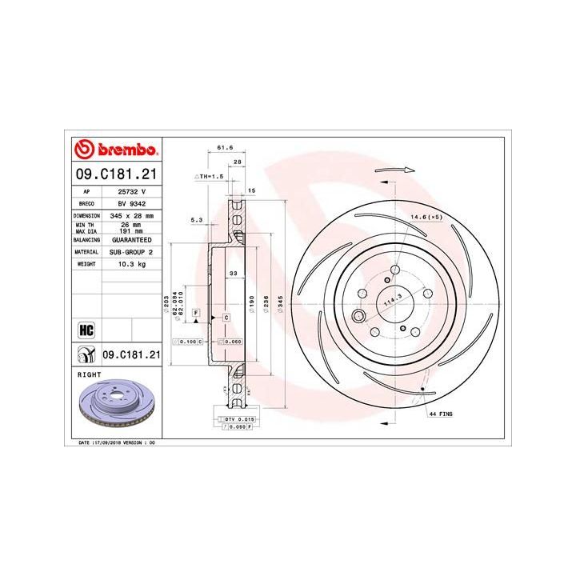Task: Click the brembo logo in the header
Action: (x=115, y=149)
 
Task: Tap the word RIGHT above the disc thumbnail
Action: (x=88, y=374)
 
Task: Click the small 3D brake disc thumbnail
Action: (x=115, y=408)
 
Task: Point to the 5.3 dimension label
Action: (x=197, y=218)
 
